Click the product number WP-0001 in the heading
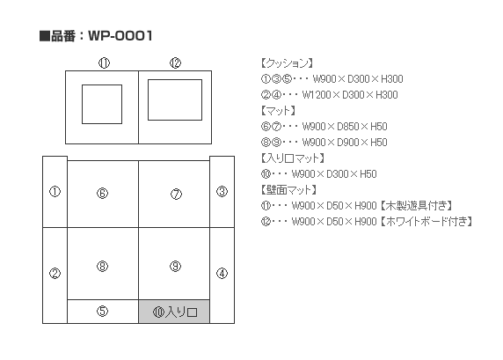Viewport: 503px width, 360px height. tap(120, 35)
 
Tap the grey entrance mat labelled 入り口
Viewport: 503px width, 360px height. tap(174, 312)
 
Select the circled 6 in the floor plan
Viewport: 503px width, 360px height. tap(102, 193)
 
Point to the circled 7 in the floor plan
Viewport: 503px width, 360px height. tap(176, 194)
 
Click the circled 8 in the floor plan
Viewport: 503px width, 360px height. tap(102, 266)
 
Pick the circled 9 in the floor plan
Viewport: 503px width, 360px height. tap(176, 266)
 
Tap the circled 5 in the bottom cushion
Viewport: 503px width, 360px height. tap(102, 311)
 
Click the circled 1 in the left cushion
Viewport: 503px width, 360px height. tap(55, 192)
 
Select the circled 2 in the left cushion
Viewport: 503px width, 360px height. tap(55, 273)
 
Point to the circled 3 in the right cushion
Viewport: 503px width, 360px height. tap(222, 192)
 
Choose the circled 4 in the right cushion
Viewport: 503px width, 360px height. tap(222, 273)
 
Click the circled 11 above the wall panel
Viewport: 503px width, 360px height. tap(104, 63)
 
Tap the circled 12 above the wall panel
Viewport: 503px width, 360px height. tap(176, 63)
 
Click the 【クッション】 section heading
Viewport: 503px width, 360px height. tap(287, 63)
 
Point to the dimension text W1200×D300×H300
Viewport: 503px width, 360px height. tap(350, 95)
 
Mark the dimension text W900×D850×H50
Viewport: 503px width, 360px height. tap(345, 127)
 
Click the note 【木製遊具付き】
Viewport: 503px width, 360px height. tap(417, 206)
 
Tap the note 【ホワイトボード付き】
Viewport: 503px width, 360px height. tap(426, 222)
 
